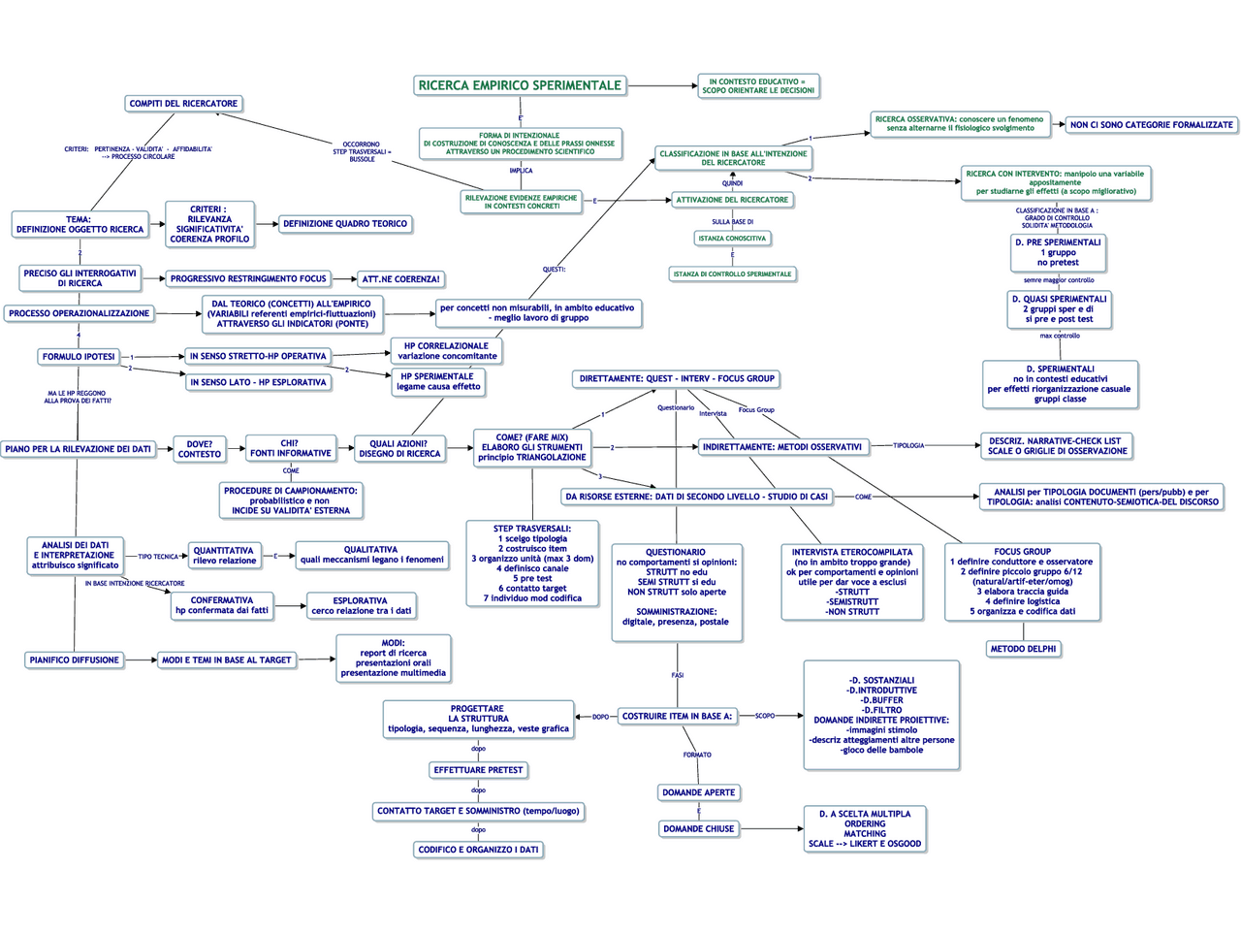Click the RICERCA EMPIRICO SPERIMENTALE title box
pyautogui.click(x=520, y=85)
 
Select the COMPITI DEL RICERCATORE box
pyautogui.click(x=183, y=104)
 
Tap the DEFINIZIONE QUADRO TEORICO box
pyautogui.click(x=345, y=224)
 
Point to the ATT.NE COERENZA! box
pyautogui.click(x=400, y=279)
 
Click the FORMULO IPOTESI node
pyautogui.click(x=79, y=357)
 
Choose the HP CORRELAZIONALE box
pyautogui.click(x=447, y=351)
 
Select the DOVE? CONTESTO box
pyautogui.click(x=200, y=449)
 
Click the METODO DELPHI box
pyautogui.click(x=1023, y=649)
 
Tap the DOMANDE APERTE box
pyautogui.click(x=698, y=793)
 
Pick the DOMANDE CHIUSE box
pyautogui.click(x=698, y=829)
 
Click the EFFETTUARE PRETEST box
pyautogui.click(x=478, y=770)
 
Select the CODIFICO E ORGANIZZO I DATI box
pyautogui.click(x=478, y=850)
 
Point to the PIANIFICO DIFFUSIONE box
pyautogui.click(x=75, y=660)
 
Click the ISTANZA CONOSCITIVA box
pyautogui.click(x=732, y=239)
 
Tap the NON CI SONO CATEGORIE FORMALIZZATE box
pyautogui.click(x=1151, y=125)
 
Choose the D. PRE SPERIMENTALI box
pyautogui.click(x=1058, y=252)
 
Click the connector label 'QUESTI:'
pyautogui.click(x=554, y=270)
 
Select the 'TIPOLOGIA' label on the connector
pyautogui.click(x=908, y=446)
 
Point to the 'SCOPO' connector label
pyautogui.click(x=765, y=716)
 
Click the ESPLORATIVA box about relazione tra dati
pyautogui.click(x=361, y=606)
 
